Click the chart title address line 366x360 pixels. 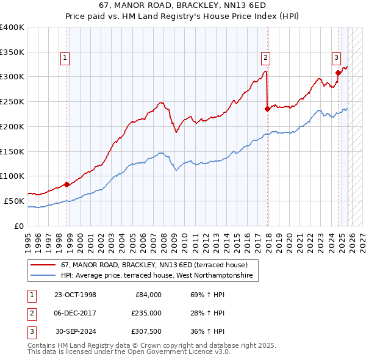point(182,5)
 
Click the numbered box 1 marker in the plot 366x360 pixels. point(65,58)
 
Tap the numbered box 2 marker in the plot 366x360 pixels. point(266,58)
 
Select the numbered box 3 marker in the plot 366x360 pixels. point(336,58)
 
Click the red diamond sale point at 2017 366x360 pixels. point(267,109)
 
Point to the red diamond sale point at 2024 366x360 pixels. point(338,73)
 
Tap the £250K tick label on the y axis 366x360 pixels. point(12,102)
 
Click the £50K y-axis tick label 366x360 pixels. point(15,201)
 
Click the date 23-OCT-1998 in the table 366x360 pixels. point(75,295)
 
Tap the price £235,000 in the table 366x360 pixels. point(146,313)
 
